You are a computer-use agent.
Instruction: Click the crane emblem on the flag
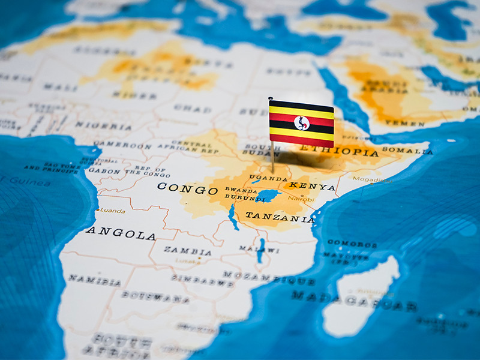[302, 123]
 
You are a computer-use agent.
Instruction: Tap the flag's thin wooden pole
[272, 156]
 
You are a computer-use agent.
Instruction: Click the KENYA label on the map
[312, 187]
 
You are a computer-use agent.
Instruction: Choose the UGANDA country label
[268, 178]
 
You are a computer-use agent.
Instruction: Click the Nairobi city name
[301, 198]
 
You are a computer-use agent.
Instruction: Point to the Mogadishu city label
[372, 179]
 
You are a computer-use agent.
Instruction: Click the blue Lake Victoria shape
[267, 196]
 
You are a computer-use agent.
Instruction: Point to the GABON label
[104, 170]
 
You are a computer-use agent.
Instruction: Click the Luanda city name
[112, 211]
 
